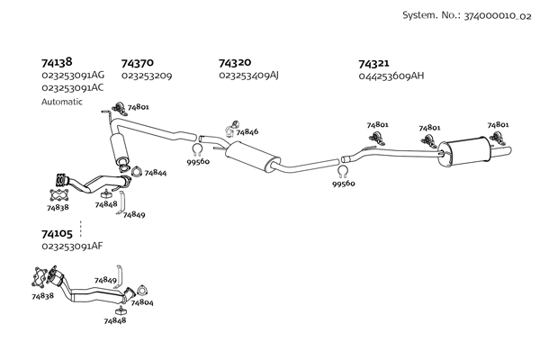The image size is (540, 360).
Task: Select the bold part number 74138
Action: [56, 63]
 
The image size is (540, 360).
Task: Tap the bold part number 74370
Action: [136, 64]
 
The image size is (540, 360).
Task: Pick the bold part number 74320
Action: [235, 63]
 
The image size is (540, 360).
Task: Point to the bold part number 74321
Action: [373, 64]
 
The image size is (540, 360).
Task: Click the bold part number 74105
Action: [56, 233]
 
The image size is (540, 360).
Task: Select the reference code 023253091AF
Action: [73, 246]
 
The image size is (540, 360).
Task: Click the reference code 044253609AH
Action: [391, 76]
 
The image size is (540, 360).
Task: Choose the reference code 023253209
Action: [147, 76]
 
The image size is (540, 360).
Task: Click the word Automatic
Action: [62, 102]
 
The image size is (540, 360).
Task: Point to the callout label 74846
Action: [247, 132]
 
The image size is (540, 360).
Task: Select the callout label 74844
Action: [155, 172]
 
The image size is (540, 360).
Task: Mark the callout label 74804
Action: [142, 302]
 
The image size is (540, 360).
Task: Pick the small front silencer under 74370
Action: [118, 148]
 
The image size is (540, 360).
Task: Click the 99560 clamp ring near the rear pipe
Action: [343, 171]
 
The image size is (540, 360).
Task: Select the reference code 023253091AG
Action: [73, 76]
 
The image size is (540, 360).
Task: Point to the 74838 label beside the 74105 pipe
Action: [42, 295]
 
